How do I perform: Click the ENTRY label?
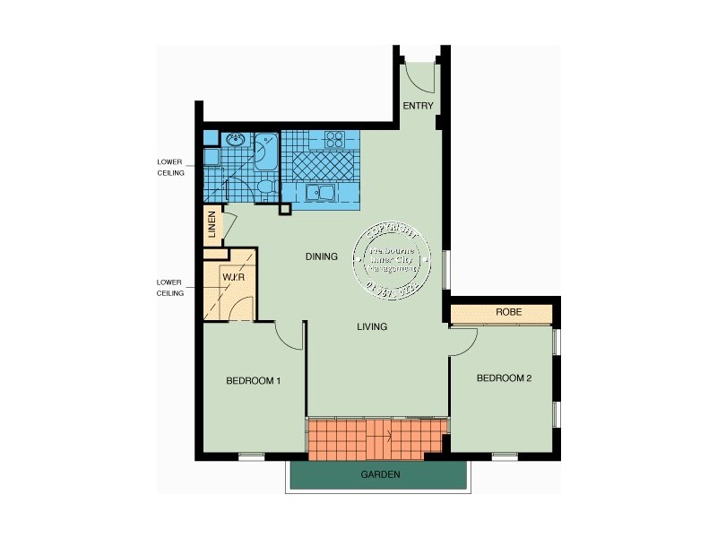418,106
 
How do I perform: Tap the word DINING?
321,257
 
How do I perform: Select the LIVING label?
372,327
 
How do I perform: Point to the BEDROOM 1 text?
254,381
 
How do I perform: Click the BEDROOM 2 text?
504,378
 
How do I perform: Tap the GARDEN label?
380,474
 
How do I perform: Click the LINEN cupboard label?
212,226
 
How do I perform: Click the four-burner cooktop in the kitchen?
334,139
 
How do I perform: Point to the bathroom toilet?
263,187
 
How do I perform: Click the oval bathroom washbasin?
237,139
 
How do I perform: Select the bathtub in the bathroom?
266,152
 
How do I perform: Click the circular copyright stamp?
393,257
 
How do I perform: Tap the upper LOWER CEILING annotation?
170,168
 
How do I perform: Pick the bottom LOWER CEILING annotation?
170,287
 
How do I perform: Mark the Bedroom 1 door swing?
289,336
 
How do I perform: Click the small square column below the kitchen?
285,210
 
